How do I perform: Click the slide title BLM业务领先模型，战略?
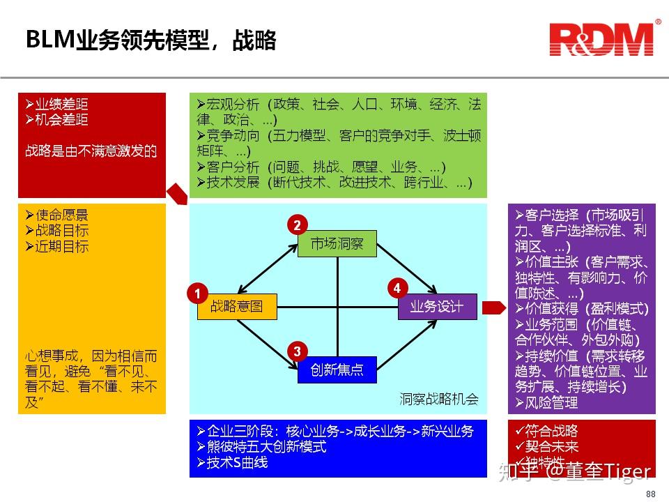click(151, 40)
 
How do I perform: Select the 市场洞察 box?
click(337, 243)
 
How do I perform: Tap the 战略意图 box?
click(237, 306)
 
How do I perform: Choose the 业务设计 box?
click(437, 306)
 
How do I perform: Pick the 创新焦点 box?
click(337, 370)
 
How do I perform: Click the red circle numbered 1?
click(197, 294)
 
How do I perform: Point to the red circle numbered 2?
click(297, 225)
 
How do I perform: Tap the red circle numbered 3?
click(297, 351)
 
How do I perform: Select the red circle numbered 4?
click(397, 287)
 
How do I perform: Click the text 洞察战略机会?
click(439, 400)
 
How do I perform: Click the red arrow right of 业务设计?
click(493, 307)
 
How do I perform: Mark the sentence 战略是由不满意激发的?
click(91, 151)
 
